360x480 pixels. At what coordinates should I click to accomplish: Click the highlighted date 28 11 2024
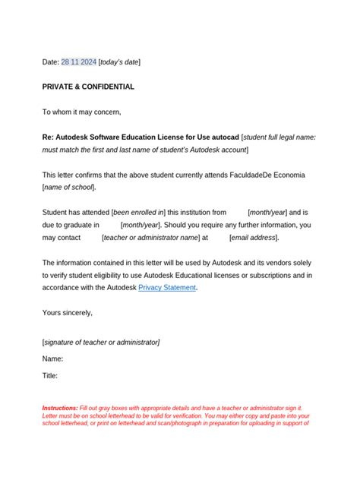point(78,62)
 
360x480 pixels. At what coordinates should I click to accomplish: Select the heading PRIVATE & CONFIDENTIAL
point(88,87)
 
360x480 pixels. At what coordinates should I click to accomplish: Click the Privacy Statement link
point(167,288)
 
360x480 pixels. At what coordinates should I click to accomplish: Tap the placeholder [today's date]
point(119,62)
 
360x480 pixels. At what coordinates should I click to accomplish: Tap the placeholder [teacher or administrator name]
point(149,237)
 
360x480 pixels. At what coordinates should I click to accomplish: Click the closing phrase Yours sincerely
point(68,312)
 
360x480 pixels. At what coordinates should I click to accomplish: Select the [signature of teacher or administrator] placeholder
point(101,342)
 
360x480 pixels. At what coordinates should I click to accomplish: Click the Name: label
point(52,358)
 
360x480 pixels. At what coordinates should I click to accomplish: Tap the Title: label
point(50,375)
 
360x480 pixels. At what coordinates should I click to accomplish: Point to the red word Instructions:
point(60,408)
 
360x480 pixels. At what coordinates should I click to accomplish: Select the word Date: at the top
point(51,62)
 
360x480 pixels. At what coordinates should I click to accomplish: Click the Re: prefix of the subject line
point(49,137)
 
